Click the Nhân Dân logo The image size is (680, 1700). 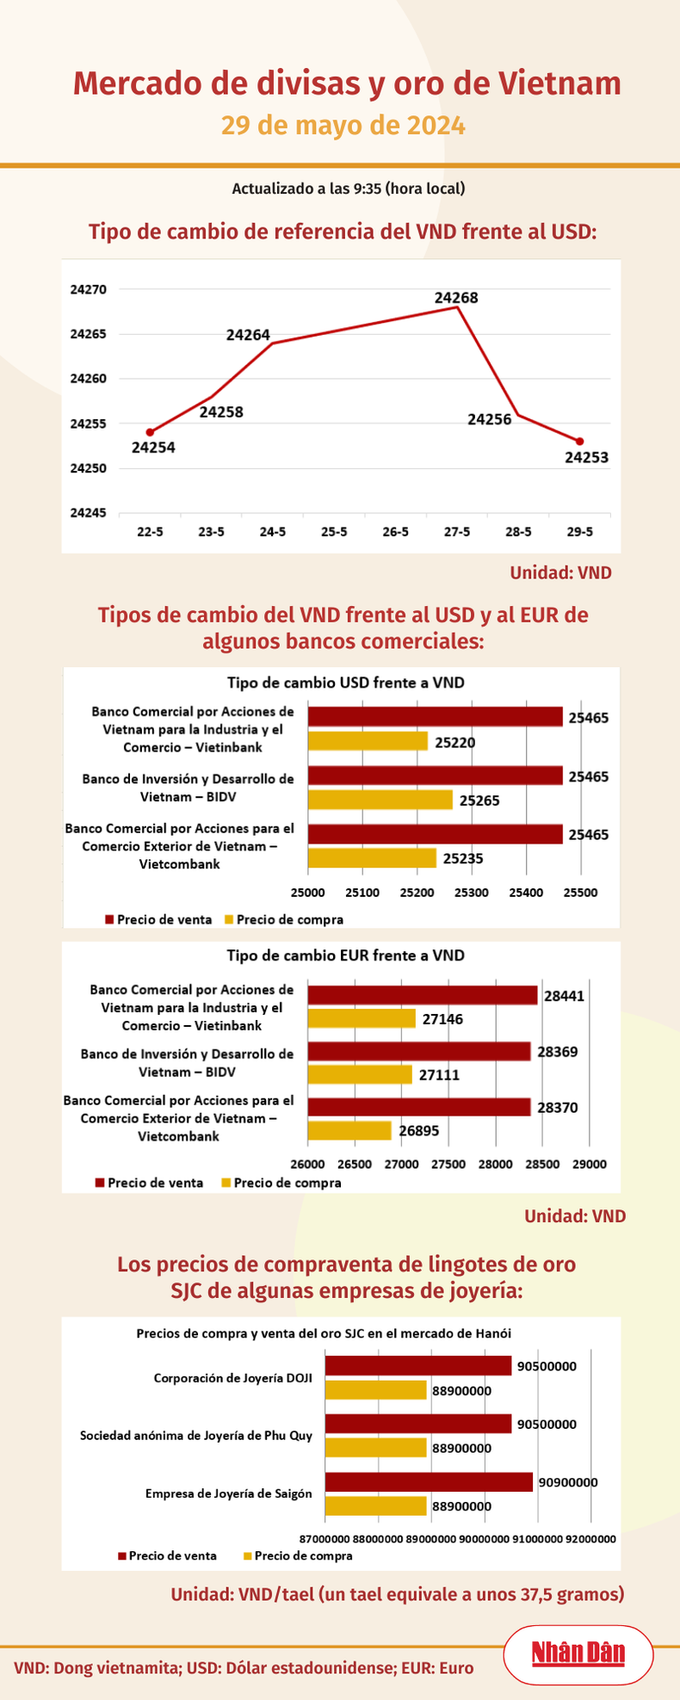pos(578,1654)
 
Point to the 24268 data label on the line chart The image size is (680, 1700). pos(456,298)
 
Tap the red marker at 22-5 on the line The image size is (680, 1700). pos(150,432)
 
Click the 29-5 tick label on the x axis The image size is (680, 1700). pos(579,532)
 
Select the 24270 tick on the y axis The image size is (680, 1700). pos(88,289)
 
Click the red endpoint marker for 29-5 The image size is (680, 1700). pos(579,442)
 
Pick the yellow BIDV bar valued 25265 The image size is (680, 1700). pos(380,800)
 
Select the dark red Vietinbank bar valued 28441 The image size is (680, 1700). pos(423,995)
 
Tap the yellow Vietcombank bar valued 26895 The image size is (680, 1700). pos(349,1130)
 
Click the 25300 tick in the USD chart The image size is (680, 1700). pos(471,893)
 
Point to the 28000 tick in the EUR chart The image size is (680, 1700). pos(495,1164)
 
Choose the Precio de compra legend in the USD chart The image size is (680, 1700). pos(283,919)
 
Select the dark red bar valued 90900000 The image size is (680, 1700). pos(429,1481)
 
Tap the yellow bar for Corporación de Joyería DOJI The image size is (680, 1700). pos(375,1389)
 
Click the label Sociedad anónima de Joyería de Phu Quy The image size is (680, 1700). pos(196,1435)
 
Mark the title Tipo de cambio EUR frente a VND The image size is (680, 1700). pos(345,955)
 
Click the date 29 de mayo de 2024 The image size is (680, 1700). pos(343,126)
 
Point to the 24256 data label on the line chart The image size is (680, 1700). pos(489,419)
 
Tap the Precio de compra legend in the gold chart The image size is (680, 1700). pos(298,1555)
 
